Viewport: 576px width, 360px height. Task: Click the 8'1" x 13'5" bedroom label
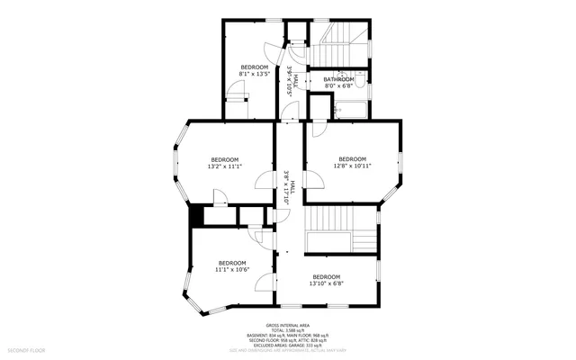[254, 70]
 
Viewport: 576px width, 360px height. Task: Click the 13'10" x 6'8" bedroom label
[326, 280]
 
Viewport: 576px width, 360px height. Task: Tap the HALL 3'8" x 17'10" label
[286, 189]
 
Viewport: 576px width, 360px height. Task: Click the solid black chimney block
[194, 217]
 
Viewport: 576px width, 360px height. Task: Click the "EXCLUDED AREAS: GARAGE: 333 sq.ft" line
[287, 345]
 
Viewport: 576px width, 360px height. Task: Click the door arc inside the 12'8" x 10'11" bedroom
[319, 130]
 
